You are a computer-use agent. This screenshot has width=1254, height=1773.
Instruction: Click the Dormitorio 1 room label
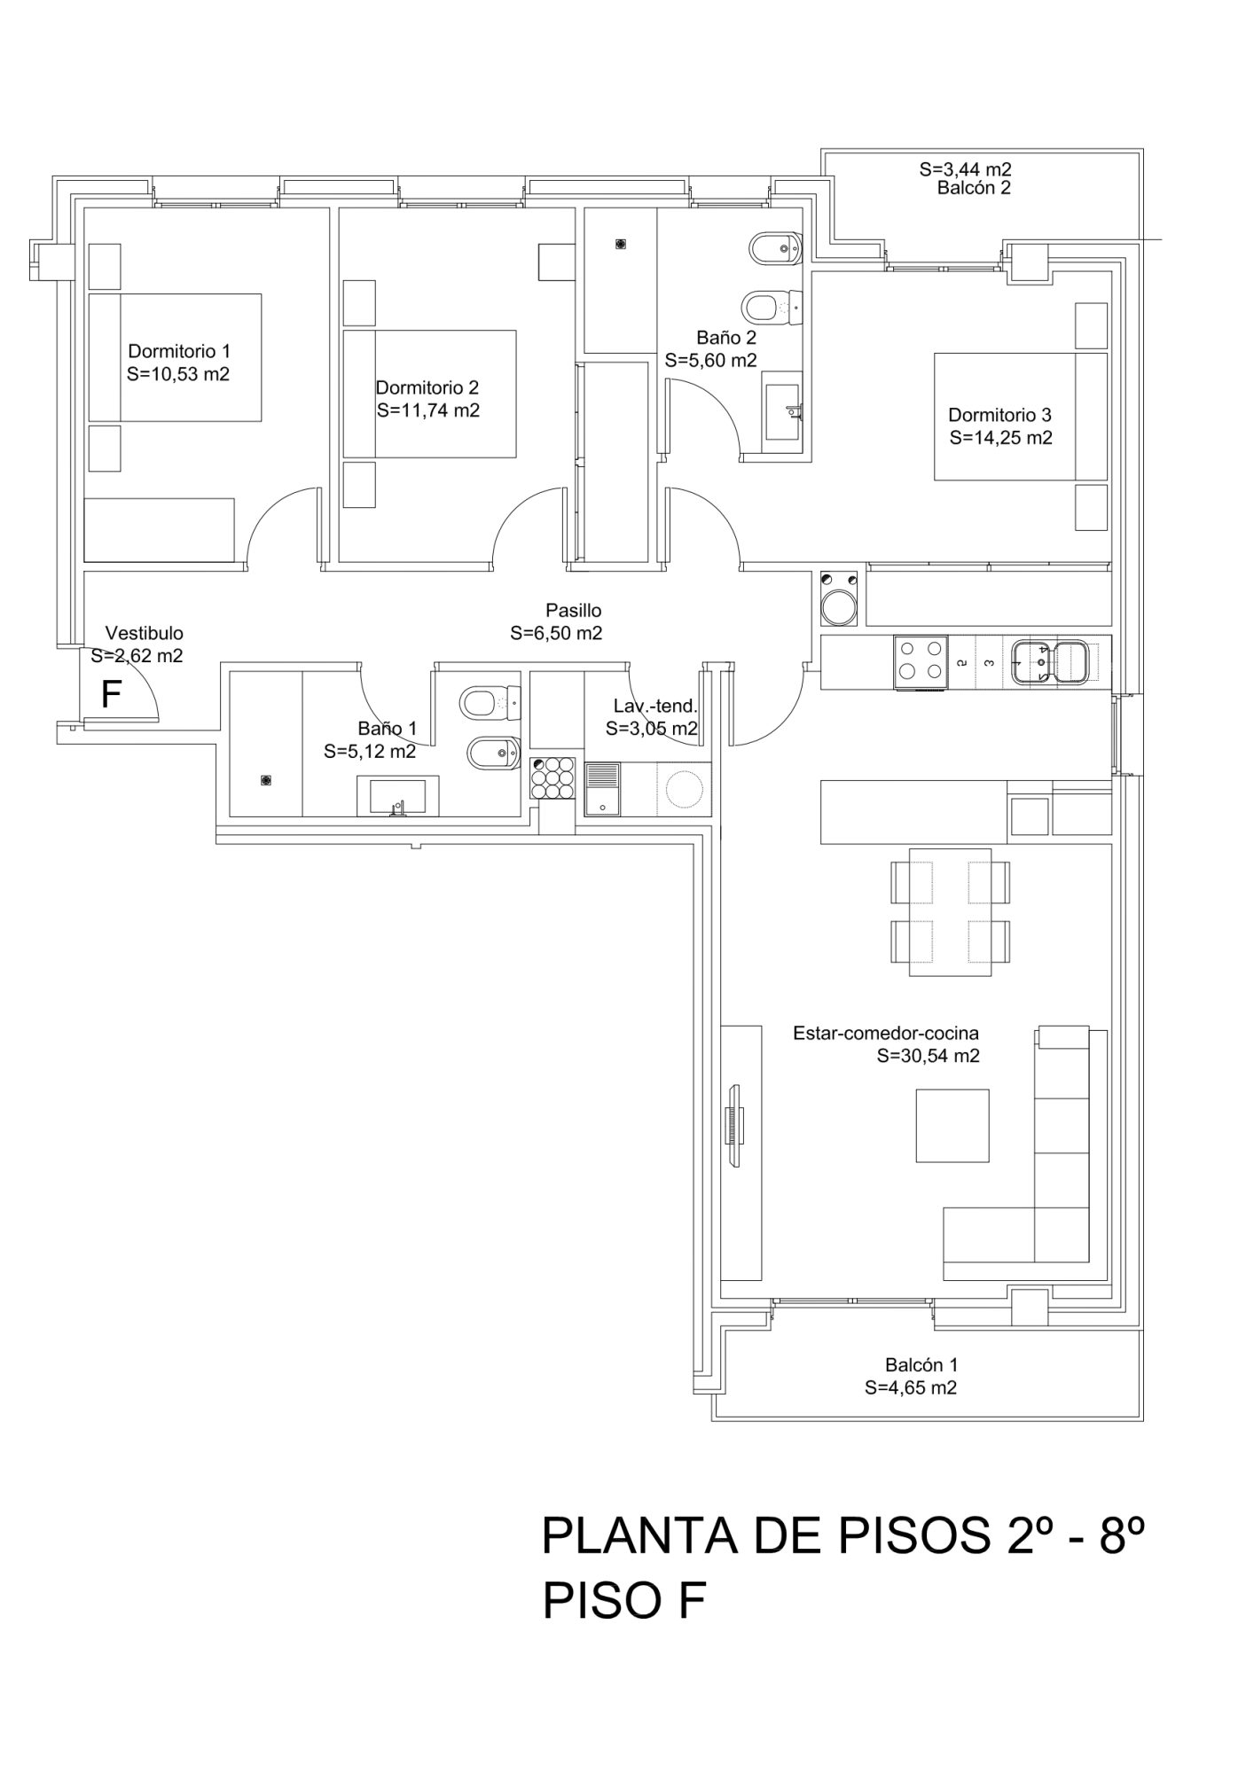(x=179, y=351)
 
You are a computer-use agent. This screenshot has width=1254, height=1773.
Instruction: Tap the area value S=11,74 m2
(x=428, y=410)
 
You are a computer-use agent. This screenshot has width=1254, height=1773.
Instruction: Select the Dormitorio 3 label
(x=999, y=414)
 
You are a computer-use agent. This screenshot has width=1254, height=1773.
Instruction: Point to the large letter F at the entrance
(x=111, y=695)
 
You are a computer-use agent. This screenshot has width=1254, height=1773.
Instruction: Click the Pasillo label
(x=573, y=610)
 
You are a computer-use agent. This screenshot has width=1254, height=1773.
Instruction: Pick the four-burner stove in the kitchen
(x=921, y=661)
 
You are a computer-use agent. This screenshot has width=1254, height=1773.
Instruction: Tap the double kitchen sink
(x=1051, y=662)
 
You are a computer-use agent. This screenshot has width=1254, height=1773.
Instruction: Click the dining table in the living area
(x=950, y=911)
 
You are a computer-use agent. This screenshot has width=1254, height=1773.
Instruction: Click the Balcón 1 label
(x=921, y=1365)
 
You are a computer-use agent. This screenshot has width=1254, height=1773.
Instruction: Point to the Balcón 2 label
(x=974, y=188)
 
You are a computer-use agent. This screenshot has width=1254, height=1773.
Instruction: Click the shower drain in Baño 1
(x=265, y=780)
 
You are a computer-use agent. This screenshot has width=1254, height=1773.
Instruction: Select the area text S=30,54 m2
(x=929, y=1056)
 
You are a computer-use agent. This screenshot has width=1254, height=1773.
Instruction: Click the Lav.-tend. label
(x=655, y=706)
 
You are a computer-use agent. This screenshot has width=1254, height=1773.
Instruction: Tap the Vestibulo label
(x=145, y=633)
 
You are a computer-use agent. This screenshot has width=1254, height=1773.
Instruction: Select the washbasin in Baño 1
(x=398, y=796)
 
